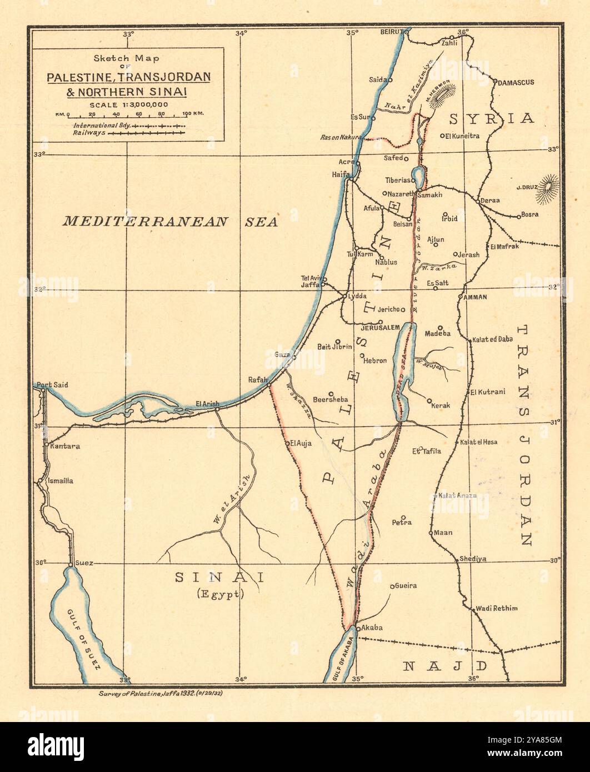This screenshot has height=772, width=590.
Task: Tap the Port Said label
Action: [x=52, y=384]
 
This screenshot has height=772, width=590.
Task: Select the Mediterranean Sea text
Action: [x=169, y=222]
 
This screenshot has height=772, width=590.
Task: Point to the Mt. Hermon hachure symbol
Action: [x=443, y=94]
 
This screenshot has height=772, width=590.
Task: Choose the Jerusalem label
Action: [x=380, y=328]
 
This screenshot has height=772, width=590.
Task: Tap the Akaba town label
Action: [x=372, y=628]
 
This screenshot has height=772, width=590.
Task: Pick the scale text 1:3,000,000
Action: [x=129, y=104]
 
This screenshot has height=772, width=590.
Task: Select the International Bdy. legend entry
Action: [x=102, y=126]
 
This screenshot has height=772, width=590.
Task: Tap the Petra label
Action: [x=401, y=523]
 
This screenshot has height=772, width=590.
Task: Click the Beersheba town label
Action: [x=331, y=399]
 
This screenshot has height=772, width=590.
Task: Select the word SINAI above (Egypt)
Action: [x=219, y=577]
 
